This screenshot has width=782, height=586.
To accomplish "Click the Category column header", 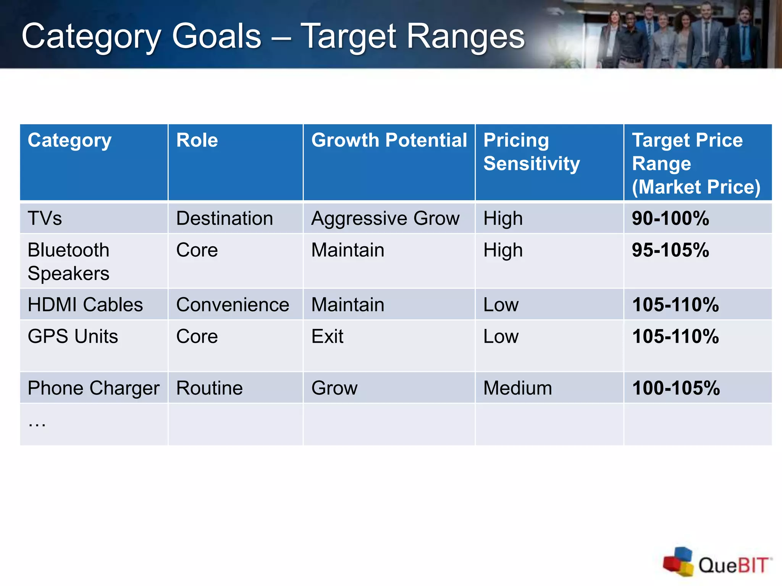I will pyautogui.click(x=69, y=141).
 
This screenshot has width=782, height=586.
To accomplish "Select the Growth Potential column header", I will pyautogui.click(x=389, y=140).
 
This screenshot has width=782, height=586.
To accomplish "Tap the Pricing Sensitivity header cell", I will pyautogui.click(x=531, y=152).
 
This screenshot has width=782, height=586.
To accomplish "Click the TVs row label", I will pyautogui.click(x=45, y=219).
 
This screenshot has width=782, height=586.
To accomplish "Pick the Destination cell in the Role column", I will pyautogui.click(x=225, y=219).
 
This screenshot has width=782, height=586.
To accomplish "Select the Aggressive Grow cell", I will pyautogui.click(x=385, y=219).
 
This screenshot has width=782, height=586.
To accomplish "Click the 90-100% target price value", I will pyautogui.click(x=670, y=219).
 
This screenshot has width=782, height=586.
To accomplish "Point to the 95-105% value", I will pyautogui.click(x=670, y=250).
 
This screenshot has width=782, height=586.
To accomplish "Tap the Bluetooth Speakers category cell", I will pyautogui.click(x=69, y=262).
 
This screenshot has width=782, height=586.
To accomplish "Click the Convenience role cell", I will pyautogui.click(x=233, y=305).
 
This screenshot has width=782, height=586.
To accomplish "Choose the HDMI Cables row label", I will pyautogui.click(x=85, y=305).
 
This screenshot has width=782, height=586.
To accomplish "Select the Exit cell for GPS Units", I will pyautogui.click(x=327, y=336).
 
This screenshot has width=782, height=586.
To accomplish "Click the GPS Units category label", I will pyautogui.click(x=73, y=336).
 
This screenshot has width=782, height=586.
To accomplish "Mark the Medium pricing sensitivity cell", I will pyautogui.click(x=517, y=388).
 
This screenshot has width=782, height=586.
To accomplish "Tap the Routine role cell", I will pyautogui.click(x=209, y=388).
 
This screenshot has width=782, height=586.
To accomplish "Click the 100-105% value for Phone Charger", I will pyautogui.click(x=675, y=388).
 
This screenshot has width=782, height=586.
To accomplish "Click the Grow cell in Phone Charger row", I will pyautogui.click(x=334, y=388).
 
